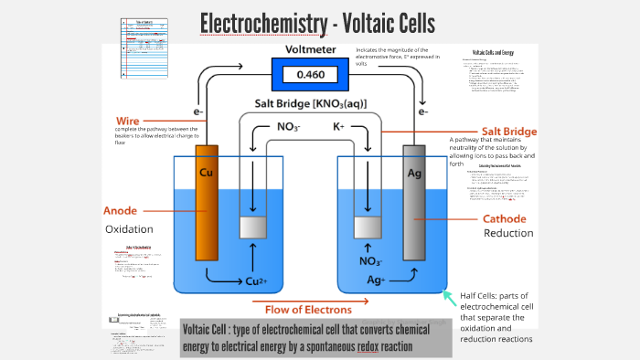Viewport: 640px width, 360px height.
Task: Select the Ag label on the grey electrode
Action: [x=413, y=172]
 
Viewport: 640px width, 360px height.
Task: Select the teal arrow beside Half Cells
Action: [x=449, y=295]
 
